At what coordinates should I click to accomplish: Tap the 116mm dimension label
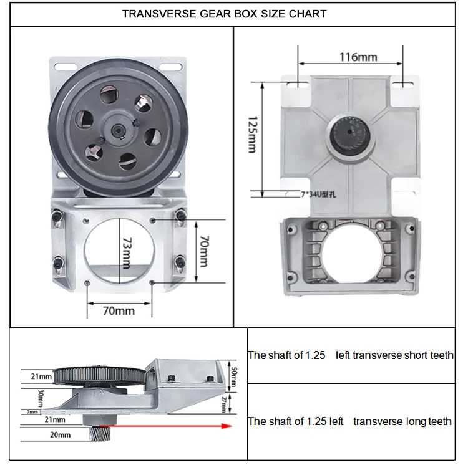pos(358,57)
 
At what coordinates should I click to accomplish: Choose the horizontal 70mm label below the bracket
pos(119,310)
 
